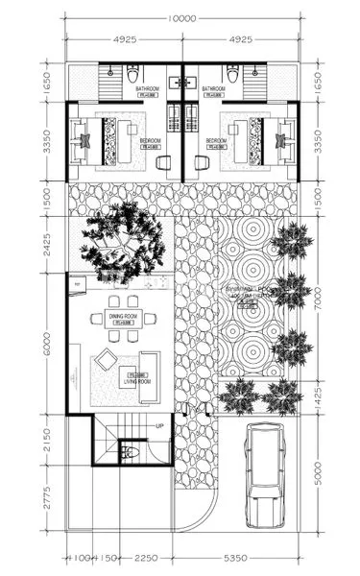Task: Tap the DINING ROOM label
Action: click(x=123, y=316)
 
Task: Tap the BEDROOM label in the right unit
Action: click(x=216, y=141)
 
